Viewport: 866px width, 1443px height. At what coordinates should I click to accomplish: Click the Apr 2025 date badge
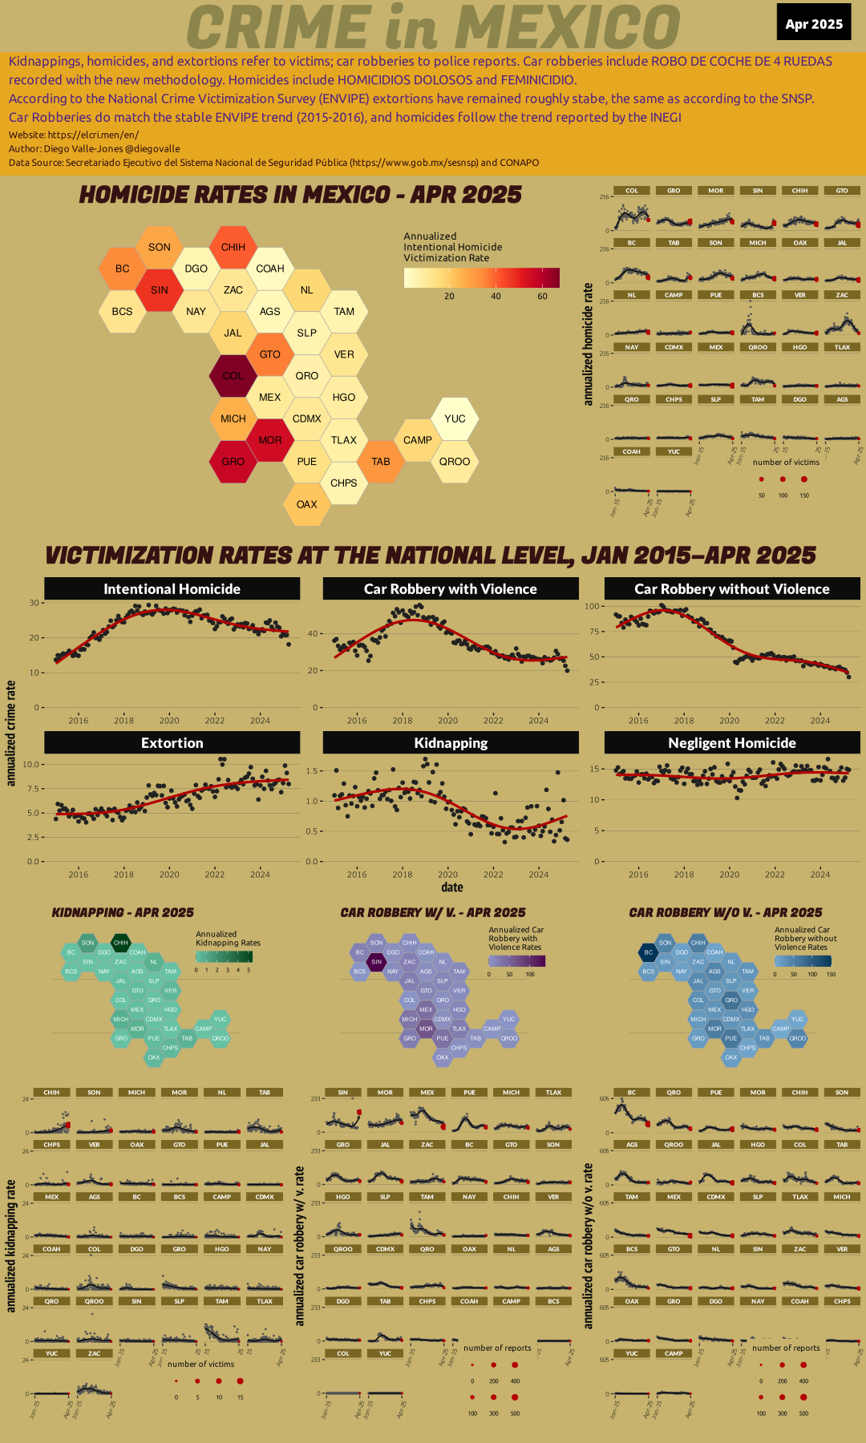(814, 23)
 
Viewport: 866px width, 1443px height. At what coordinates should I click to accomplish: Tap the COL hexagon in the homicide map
(233, 375)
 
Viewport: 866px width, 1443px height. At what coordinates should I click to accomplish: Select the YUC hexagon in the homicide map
(455, 418)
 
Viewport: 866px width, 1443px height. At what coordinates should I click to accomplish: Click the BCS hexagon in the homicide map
(122, 311)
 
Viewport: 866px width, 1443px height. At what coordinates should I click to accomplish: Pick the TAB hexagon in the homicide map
(381, 461)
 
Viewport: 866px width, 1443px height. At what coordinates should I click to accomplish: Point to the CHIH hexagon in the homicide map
(233, 247)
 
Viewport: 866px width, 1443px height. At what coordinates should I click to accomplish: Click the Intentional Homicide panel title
(172, 588)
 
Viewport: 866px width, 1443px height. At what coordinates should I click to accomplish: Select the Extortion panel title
(172, 742)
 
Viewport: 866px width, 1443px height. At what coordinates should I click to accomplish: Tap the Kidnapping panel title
(451, 742)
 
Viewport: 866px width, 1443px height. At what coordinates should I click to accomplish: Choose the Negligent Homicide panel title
(732, 742)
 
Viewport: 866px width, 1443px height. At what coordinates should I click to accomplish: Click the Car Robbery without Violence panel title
(732, 588)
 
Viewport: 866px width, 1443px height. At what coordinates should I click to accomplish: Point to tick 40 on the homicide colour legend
(496, 296)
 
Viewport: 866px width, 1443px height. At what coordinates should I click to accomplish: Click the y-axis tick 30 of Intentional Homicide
(34, 603)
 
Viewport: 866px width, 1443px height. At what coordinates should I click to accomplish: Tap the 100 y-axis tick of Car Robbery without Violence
(593, 606)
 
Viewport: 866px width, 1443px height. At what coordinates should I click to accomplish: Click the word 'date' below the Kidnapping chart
(452, 887)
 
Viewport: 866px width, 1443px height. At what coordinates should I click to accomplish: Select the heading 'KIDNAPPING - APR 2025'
(123, 912)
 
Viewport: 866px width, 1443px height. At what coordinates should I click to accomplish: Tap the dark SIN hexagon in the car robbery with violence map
(376, 961)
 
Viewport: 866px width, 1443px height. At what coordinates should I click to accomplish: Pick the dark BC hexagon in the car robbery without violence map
(648, 952)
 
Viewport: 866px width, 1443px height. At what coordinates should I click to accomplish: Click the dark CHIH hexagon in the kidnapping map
(120, 943)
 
